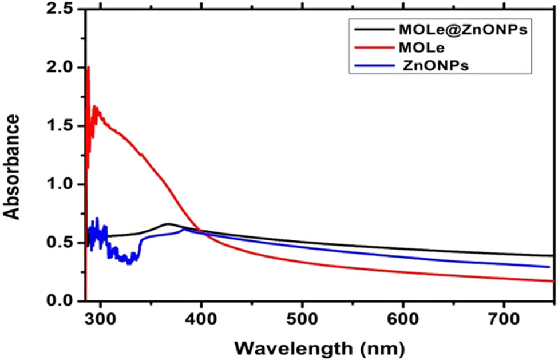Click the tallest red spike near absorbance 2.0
88,68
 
